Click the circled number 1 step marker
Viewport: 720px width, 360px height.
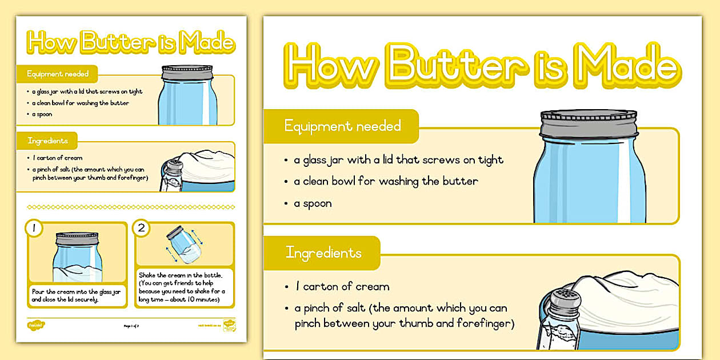[34, 229]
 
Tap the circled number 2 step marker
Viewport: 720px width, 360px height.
[141, 229]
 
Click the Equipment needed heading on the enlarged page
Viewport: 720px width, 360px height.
[342, 126]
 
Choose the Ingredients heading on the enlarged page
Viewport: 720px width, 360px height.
[323, 253]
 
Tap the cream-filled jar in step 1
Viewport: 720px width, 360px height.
[78, 257]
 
